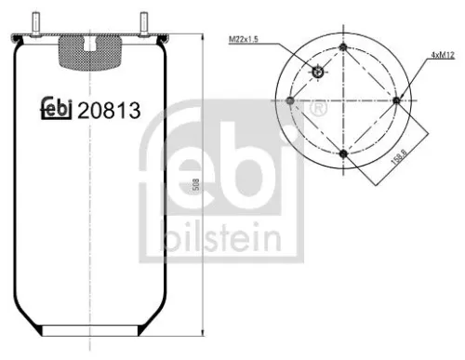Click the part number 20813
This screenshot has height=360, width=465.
(x=110, y=110)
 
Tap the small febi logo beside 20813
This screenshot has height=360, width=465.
(x=58, y=110)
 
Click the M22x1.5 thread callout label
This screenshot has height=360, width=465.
(x=244, y=38)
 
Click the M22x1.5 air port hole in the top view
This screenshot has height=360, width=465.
(x=319, y=73)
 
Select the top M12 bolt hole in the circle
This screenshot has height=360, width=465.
(x=343, y=47)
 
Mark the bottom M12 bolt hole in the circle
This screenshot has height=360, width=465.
(x=343, y=153)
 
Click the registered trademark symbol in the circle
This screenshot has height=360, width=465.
(x=319, y=110)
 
